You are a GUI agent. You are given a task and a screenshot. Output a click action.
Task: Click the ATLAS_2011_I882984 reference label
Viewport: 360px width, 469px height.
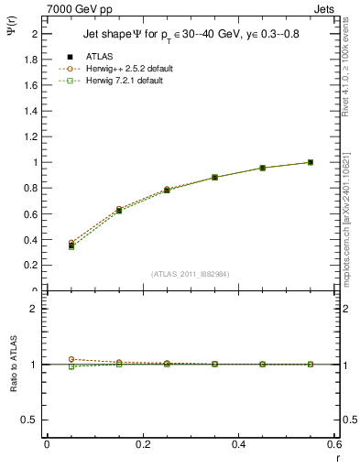(191, 273)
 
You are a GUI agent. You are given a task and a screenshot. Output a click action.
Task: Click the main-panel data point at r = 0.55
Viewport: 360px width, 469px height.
(311, 162)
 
